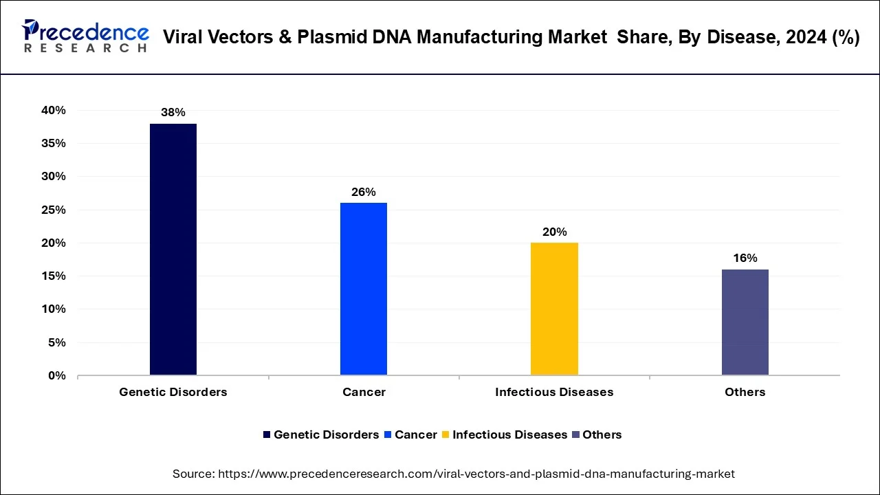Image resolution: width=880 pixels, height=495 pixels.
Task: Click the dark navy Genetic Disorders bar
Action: coord(173,249)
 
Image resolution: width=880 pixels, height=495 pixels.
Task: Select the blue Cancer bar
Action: coord(364,289)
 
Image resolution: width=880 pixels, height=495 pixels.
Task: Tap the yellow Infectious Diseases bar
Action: coord(554,309)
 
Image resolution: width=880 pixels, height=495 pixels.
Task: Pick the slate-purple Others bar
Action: coord(745,322)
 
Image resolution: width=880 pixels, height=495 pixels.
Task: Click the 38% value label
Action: coord(173,112)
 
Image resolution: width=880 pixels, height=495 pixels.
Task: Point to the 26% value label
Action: coord(364,192)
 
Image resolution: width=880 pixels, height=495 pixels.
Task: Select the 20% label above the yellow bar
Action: coord(554,232)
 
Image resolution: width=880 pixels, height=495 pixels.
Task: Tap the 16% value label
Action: coord(745,258)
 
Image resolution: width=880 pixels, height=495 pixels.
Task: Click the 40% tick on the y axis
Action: coord(53,110)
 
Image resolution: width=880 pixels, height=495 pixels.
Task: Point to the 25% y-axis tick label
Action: coord(53,210)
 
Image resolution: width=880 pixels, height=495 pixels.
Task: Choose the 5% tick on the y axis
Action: coord(56,342)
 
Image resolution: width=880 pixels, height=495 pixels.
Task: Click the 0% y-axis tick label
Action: coord(56,375)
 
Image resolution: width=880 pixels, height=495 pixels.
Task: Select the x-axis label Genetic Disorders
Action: coord(173,392)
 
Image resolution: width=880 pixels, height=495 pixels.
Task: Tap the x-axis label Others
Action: coord(745,392)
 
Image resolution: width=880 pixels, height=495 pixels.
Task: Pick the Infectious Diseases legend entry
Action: coord(509,434)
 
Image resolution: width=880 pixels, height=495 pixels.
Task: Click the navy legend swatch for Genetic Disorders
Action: coord(267,434)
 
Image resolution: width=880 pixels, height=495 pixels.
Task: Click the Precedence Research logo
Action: coord(85,36)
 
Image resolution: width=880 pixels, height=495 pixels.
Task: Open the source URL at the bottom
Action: coord(476,474)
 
